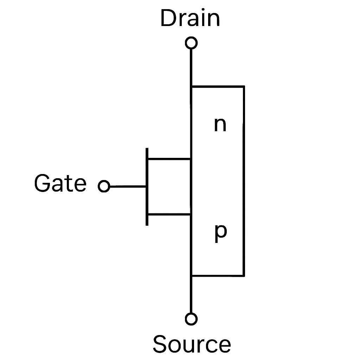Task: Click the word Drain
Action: tap(190, 19)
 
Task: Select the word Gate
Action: tap(60, 184)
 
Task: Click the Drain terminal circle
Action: tap(191, 43)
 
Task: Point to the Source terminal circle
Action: tap(191, 319)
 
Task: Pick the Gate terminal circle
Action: tap(104, 186)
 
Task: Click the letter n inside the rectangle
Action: tap(220, 124)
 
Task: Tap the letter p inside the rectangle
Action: tap(220, 233)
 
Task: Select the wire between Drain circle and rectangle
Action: tap(191, 67)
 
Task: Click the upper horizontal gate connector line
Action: tap(169, 159)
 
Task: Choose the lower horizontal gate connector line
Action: tap(169, 214)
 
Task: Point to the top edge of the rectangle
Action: tap(218, 86)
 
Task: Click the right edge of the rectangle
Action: tap(244, 181)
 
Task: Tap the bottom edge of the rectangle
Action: tap(218, 276)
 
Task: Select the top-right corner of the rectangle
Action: tap(244, 86)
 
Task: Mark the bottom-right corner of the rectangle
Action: tap(244, 276)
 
